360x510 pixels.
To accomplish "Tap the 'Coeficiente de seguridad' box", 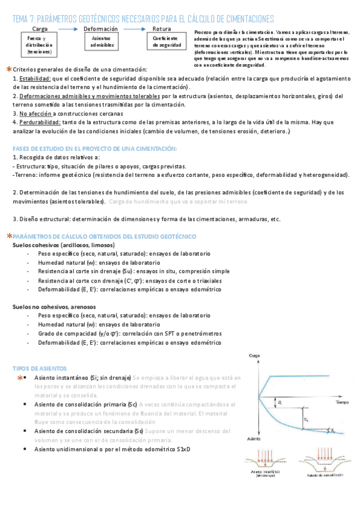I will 163,41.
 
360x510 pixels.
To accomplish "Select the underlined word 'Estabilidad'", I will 34,79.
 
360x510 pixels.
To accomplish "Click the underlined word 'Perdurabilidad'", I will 40,122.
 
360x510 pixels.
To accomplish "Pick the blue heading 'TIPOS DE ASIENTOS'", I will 40,368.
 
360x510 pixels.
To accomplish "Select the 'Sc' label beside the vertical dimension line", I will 307,419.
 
